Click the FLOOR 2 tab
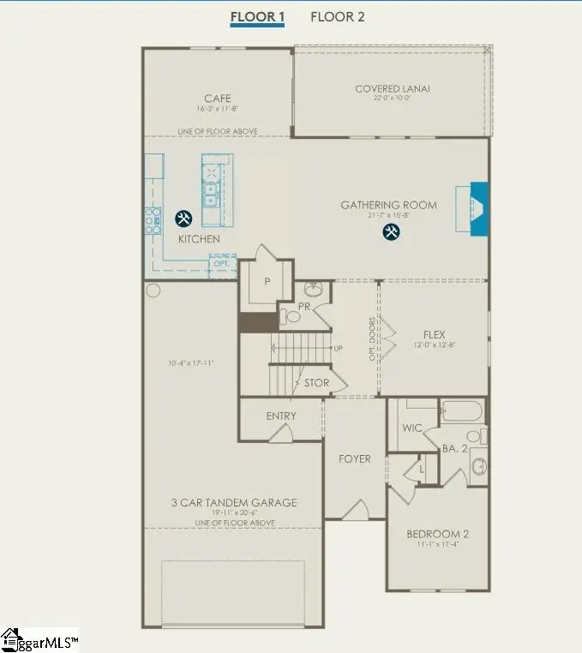pos(337,16)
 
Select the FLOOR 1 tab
pos(258,16)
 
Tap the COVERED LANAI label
pos(393,88)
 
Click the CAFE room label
pos(217,99)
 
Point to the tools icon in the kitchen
pos(183,219)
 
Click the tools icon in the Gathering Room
pos(391,231)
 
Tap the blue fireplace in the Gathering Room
pos(478,208)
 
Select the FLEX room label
pos(435,334)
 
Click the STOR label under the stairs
pos(316,383)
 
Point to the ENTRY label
pos(281,416)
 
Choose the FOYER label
pos(354,459)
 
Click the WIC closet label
pos(412,428)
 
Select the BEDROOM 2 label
pos(437,534)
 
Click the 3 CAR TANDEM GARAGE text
pos(234,502)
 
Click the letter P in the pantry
pos(267,280)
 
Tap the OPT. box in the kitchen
pos(222,263)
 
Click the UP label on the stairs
pos(339,348)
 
